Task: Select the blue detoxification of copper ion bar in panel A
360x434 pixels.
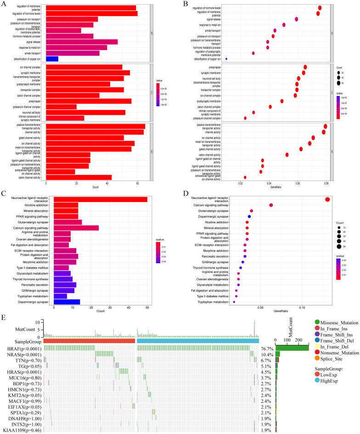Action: click(52, 59)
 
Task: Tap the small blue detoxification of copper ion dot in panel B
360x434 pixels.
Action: click(226, 59)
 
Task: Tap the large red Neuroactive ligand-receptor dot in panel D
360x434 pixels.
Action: click(327, 199)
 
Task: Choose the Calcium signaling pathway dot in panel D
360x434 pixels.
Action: click(271, 205)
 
